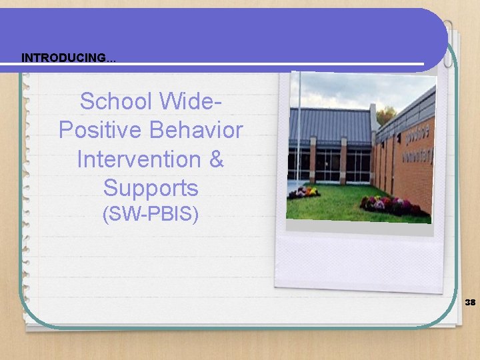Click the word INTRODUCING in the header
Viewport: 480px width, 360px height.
[x=63, y=58]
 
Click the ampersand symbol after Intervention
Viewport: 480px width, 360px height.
[x=216, y=159]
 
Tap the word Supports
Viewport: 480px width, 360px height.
[x=151, y=188]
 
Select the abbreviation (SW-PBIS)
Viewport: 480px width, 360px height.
[x=150, y=215]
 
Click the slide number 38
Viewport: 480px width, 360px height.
[x=470, y=302]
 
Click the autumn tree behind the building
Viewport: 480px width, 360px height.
[x=385, y=115]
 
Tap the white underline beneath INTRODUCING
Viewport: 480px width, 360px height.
[x=220, y=65]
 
